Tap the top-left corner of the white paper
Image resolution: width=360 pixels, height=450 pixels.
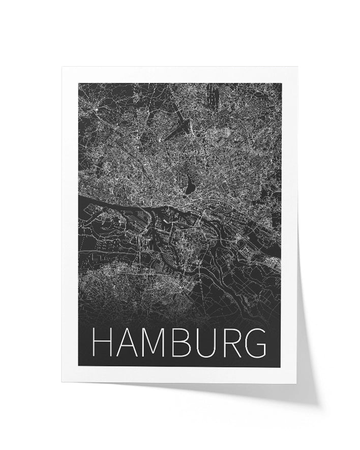(x=63, y=67)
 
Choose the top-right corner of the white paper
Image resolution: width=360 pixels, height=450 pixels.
(x=297, y=68)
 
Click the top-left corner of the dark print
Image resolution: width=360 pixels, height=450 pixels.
(x=79, y=83)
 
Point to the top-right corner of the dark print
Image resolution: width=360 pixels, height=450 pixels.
(x=281, y=83)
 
